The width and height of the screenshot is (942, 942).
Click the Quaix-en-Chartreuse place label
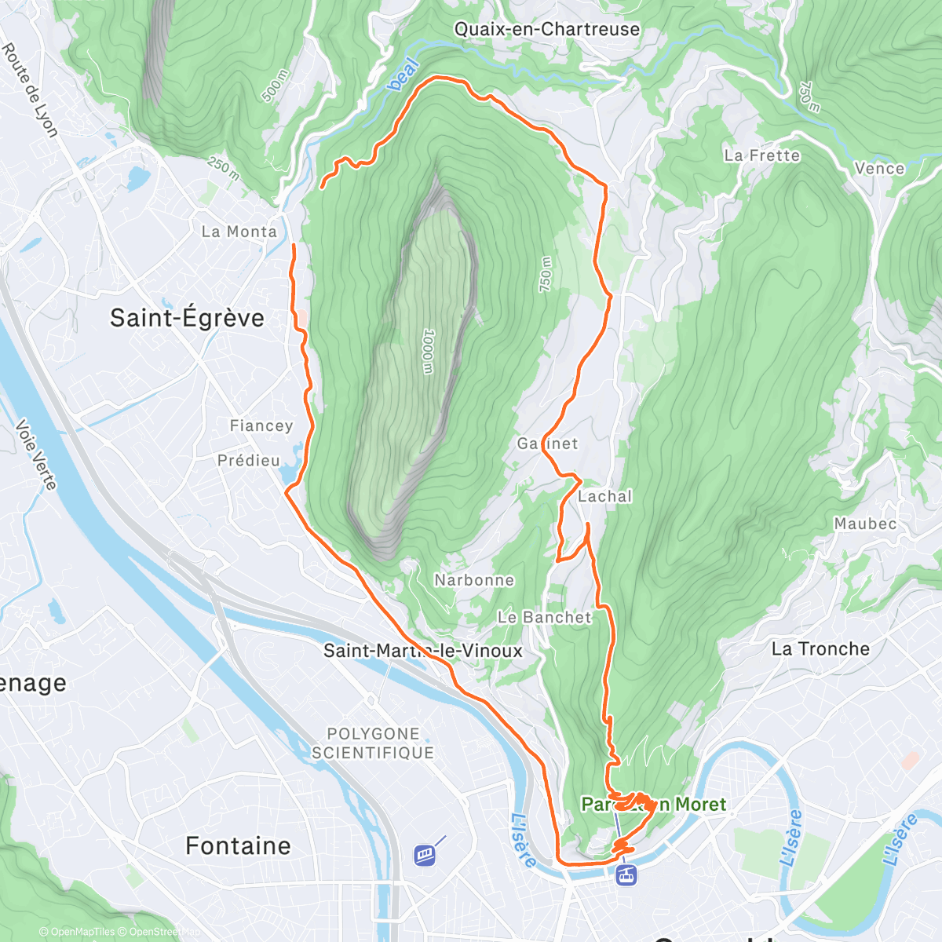tap(547, 29)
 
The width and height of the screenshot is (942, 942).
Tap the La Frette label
tap(761, 155)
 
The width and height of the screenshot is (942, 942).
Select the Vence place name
tap(879, 168)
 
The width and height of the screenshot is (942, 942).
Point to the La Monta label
tap(239, 232)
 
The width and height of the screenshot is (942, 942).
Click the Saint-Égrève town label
tap(187, 318)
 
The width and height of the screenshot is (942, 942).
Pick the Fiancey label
tap(261, 425)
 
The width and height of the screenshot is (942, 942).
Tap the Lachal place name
tap(604, 496)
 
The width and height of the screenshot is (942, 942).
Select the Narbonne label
tap(474, 580)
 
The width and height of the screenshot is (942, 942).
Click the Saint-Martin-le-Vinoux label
tap(423, 651)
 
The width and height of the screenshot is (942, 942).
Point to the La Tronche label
tap(820, 649)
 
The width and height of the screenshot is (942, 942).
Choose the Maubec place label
tap(865, 524)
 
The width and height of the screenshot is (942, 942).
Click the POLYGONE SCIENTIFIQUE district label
tap(373, 743)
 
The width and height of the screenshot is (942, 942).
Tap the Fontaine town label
tap(238, 845)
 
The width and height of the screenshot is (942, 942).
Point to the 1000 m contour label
tap(427, 351)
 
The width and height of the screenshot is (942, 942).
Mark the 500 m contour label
tap(276, 86)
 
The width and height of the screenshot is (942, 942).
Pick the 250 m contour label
tap(224, 168)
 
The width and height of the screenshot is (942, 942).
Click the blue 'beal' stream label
tap(404, 74)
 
